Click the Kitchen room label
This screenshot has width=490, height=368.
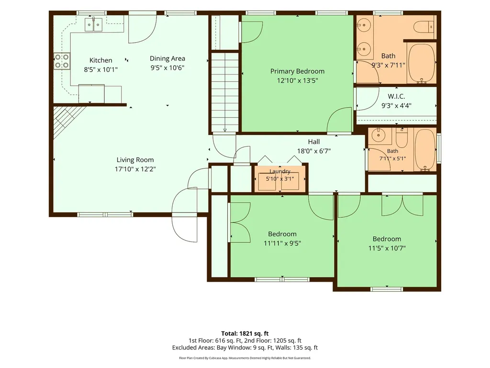[100, 60]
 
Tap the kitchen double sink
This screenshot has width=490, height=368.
[93, 24]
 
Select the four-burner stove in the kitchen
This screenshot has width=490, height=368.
[62, 61]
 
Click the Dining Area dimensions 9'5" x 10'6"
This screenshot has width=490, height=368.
[167, 68]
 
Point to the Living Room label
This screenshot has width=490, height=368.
[135, 160]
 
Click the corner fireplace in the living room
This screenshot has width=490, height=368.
[66, 120]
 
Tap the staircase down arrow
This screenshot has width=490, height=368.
[225, 125]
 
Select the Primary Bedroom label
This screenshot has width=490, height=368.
[297, 71]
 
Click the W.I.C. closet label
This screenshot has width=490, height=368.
[396, 96]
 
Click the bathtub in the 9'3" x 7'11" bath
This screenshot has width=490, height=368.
[422, 63]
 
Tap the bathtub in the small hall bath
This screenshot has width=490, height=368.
[425, 149]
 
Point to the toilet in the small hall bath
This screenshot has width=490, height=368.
[401, 138]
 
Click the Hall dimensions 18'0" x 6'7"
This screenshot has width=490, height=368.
[314, 151]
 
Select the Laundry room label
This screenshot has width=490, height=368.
[280, 171]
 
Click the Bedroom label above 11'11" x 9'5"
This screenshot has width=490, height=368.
[282, 234]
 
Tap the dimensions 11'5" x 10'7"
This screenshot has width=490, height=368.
[387, 248]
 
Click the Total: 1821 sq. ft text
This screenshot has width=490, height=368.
[245, 333]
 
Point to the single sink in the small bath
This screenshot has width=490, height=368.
[379, 135]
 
